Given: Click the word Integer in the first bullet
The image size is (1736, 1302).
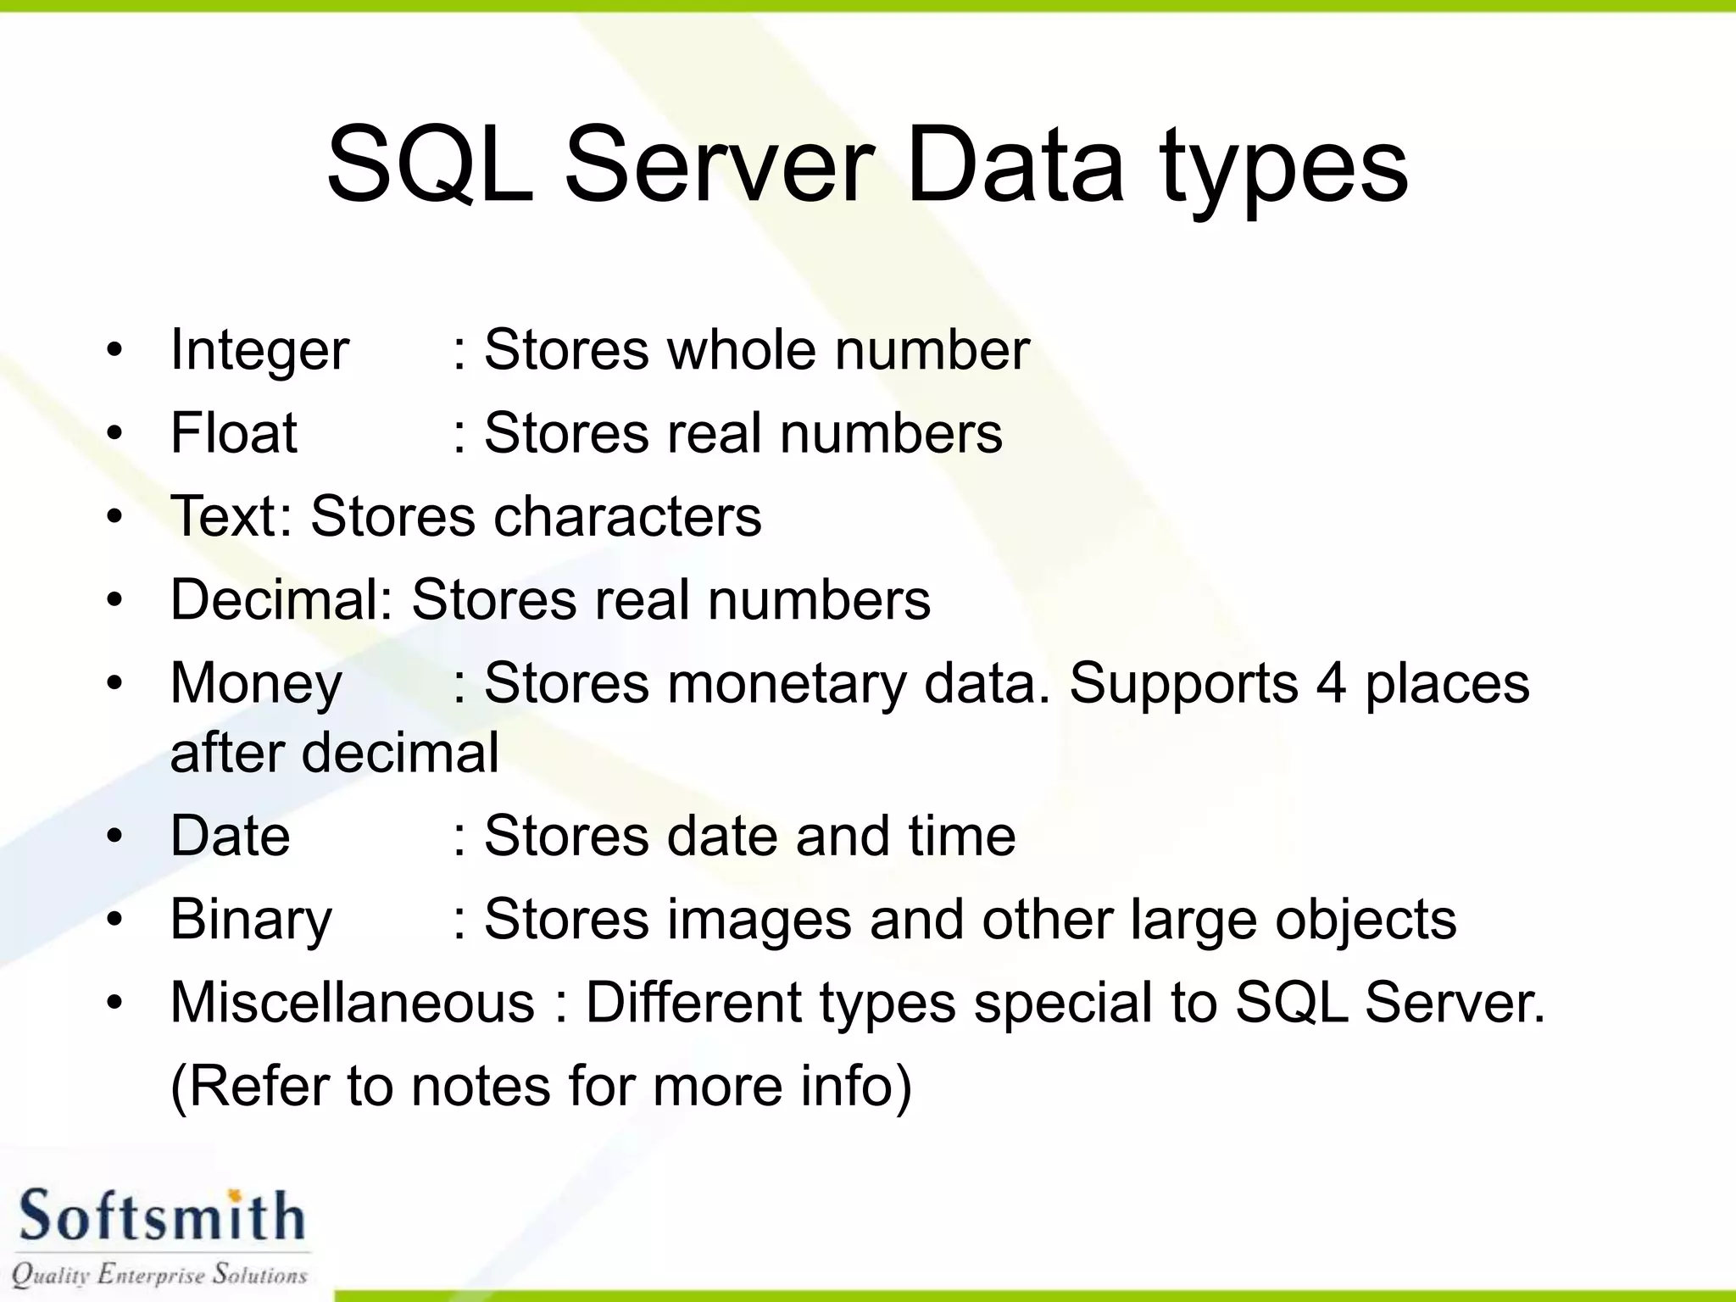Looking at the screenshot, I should coord(259,351).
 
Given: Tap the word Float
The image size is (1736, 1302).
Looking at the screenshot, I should coord(234,433).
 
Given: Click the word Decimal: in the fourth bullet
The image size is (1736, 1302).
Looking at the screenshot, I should coord(281,599).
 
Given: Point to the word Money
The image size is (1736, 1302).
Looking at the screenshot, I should coord(256,683).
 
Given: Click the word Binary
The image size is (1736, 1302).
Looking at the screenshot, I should coord(251,920).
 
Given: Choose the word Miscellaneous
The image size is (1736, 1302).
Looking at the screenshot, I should coord(353,1002).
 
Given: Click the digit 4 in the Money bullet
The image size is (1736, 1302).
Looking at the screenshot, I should coord(1331,683).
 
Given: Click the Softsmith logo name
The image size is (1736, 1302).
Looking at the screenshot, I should coord(161,1217).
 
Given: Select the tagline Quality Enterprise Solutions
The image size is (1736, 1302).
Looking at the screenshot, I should coord(159,1274).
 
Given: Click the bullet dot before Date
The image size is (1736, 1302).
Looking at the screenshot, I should coord(115,837).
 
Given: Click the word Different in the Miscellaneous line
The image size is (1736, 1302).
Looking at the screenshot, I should coord(693,1002).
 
